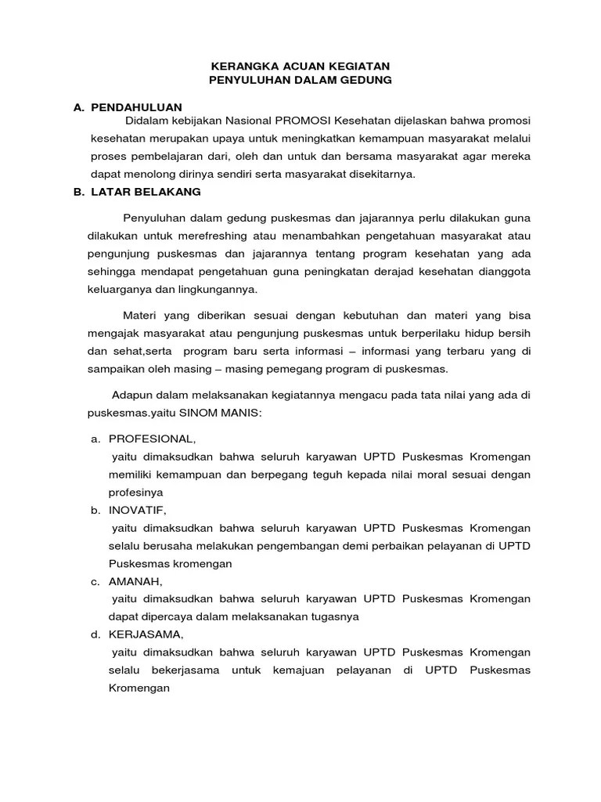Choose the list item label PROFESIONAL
pos(151,439)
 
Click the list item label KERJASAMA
pos(144,634)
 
